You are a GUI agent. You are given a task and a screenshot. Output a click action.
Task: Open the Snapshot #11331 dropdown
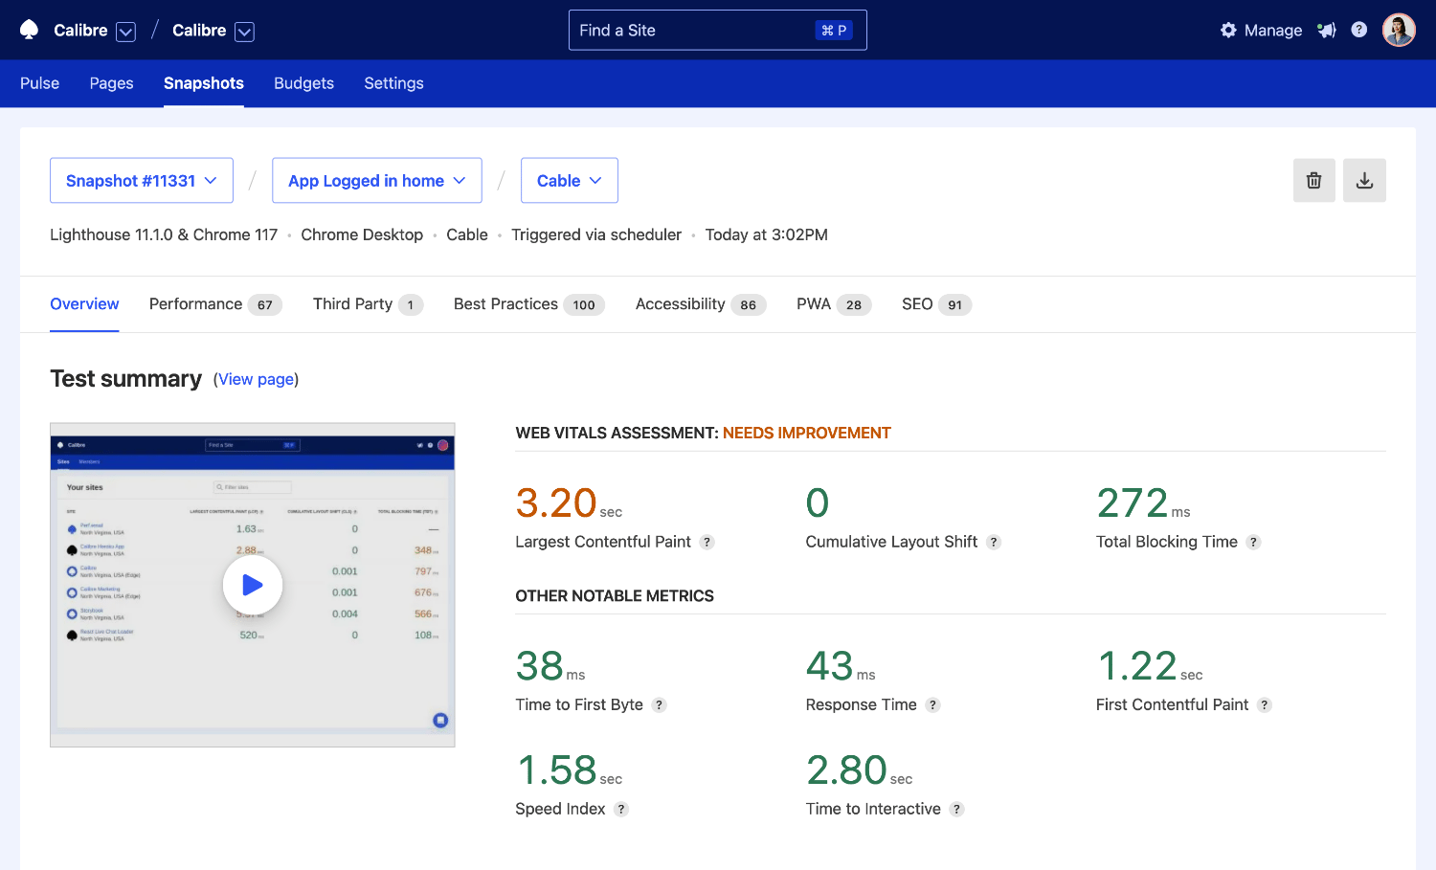(142, 181)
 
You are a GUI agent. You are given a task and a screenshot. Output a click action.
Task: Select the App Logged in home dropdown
(376, 181)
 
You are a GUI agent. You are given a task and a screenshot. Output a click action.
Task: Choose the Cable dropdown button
(569, 181)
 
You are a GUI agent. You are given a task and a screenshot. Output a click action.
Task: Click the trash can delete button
(1313, 181)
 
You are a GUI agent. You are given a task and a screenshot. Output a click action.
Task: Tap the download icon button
(1364, 181)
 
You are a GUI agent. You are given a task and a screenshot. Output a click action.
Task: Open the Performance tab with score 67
(214, 304)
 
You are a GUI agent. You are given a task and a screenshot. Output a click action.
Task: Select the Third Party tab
(367, 304)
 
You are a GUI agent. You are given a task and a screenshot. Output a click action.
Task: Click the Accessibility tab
(700, 304)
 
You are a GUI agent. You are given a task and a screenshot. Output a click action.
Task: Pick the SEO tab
(935, 304)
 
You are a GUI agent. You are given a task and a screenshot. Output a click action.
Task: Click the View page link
(256, 380)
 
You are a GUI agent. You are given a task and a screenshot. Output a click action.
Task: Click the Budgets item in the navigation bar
(303, 83)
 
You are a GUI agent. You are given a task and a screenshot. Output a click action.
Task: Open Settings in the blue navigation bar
(393, 83)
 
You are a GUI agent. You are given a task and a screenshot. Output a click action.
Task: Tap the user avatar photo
(1399, 31)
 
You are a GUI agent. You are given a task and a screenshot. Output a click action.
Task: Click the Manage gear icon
(1228, 31)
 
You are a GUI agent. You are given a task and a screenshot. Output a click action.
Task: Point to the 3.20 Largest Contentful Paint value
(556, 503)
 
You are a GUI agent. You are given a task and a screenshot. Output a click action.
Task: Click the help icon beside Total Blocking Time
(1253, 543)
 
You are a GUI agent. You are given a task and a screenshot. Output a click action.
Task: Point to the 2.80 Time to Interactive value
(846, 770)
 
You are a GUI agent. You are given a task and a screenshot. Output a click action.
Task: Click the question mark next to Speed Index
(621, 810)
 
